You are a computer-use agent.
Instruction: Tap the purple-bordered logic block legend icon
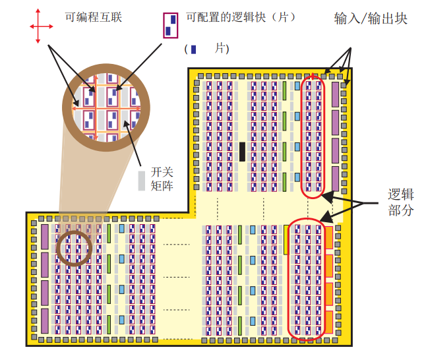click(170, 24)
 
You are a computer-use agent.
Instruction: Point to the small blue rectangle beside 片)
click(193, 49)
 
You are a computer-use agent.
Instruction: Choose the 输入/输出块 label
click(371, 18)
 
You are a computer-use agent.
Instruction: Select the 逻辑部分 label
click(400, 202)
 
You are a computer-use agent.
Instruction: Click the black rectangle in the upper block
click(242, 152)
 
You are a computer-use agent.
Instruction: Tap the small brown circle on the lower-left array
click(73, 249)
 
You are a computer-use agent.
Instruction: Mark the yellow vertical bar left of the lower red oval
click(286, 240)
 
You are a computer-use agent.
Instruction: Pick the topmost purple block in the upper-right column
click(335, 94)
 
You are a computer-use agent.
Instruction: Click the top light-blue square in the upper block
click(297, 86)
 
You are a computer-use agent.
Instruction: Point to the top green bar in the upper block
click(284, 90)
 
